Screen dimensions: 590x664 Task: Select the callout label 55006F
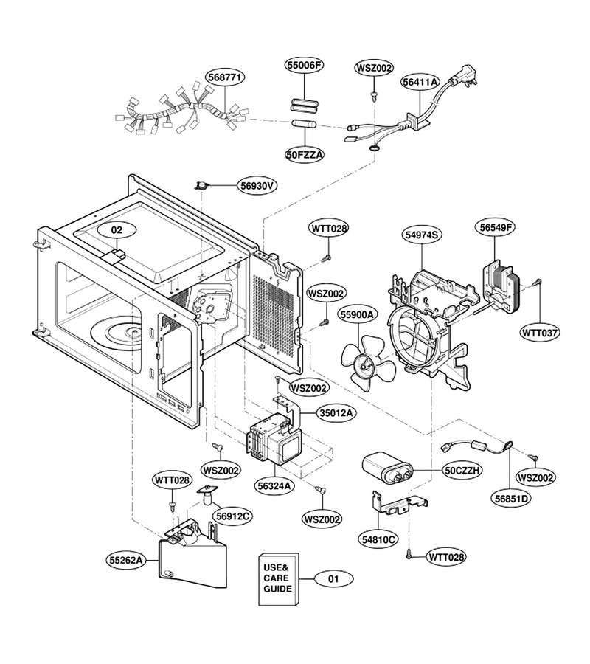(304, 65)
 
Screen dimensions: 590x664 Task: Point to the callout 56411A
(420, 82)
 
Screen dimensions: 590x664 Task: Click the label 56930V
(257, 185)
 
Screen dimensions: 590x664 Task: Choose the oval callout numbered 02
(117, 230)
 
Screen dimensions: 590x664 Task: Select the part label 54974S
(422, 235)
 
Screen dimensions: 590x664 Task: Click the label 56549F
(495, 227)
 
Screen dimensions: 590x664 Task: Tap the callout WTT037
(540, 333)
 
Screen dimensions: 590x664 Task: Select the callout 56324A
(274, 485)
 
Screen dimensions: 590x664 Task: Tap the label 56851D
(513, 499)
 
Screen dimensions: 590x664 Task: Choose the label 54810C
(378, 539)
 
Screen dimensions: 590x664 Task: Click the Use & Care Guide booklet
(279, 579)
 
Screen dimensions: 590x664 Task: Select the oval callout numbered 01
(333, 578)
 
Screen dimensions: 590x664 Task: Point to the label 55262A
(125, 560)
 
